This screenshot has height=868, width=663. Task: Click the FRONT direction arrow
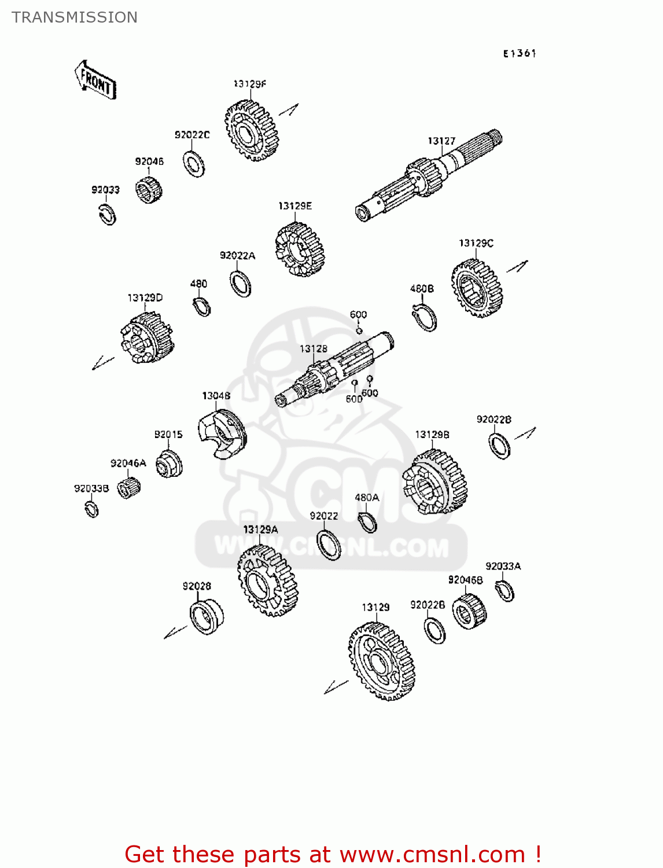click(x=95, y=80)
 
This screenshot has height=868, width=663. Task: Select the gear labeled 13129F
click(x=252, y=131)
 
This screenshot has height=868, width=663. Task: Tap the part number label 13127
click(x=441, y=141)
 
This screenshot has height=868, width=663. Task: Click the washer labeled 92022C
click(x=194, y=164)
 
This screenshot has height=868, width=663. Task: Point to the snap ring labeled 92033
click(x=107, y=215)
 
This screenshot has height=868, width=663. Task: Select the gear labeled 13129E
click(x=300, y=250)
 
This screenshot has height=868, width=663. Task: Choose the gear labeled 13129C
click(x=477, y=288)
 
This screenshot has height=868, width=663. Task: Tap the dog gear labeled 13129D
click(x=147, y=338)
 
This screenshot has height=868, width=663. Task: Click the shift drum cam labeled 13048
click(x=222, y=433)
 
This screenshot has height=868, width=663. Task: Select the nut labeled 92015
click(x=169, y=464)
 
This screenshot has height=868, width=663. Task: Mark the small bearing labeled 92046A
click(x=129, y=488)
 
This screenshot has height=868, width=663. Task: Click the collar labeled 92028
click(x=206, y=617)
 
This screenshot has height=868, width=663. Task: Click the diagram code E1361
click(x=520, y=53)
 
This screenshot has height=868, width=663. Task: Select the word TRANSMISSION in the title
click(x=75, y=17)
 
